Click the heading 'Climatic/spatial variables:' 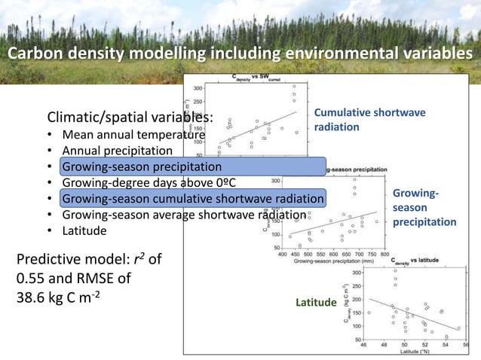(x=130, y=118)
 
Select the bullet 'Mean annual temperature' (x=133, y=136)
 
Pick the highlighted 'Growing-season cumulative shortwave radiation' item (x=193, y=199)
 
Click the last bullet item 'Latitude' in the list (x=84, y=230)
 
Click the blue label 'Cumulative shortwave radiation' (x=369, y=120)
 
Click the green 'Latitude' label (x=316, y=303)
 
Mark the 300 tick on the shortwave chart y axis (x=198, y=88)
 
